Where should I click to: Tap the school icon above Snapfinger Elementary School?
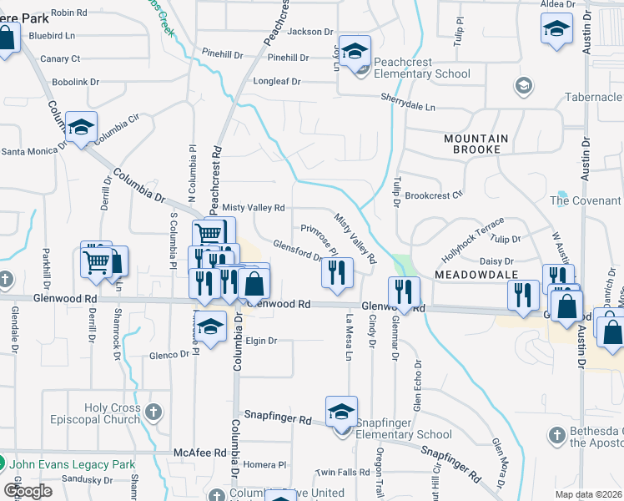pyautogui.click(x=341, y=412)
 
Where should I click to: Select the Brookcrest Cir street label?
pyautogui.click(x=434, y=195)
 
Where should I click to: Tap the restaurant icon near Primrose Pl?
pyautogui.click(x=337, y=273)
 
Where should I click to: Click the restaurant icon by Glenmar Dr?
pyautogui.click(x=404, y=292)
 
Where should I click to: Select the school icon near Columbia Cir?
pyautogui.click(x=82, y=127)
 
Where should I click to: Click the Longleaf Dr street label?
pyautogui.click(x=276, y=82)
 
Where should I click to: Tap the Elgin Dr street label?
pyautogui.click(x=261, y=341)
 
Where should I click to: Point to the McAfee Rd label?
pyautogui.click(x=199, y=453)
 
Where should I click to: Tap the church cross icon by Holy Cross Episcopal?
pyautogui.click(x=152, y=412)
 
